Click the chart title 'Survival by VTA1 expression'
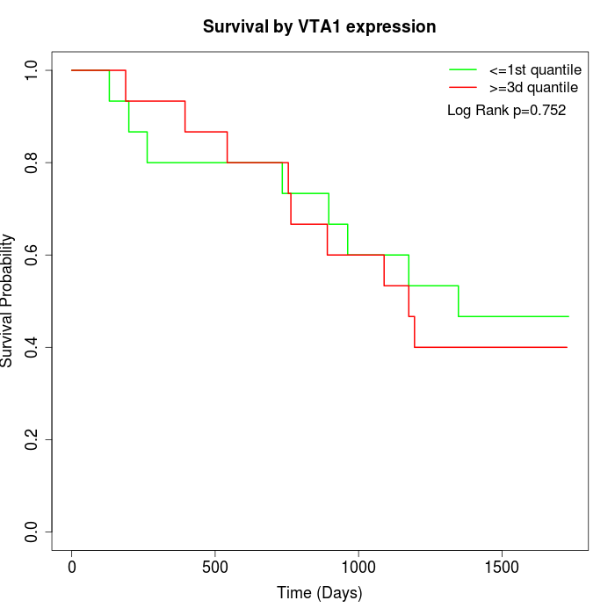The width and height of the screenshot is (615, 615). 319,26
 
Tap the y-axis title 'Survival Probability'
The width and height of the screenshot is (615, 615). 8,300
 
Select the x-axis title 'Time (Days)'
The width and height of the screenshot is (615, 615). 319,593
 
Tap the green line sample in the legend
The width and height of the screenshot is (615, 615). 463,69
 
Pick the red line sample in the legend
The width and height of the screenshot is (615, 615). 463,88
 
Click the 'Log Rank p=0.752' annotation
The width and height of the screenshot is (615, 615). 506,111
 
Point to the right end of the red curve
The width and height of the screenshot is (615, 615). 567,347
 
